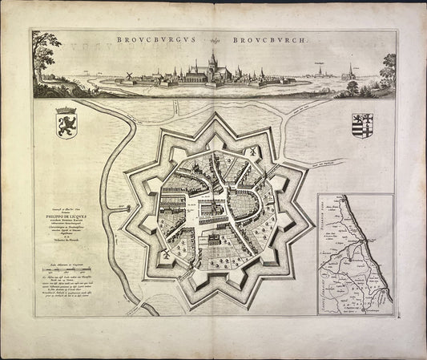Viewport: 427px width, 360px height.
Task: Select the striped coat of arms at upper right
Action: (361, 125)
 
